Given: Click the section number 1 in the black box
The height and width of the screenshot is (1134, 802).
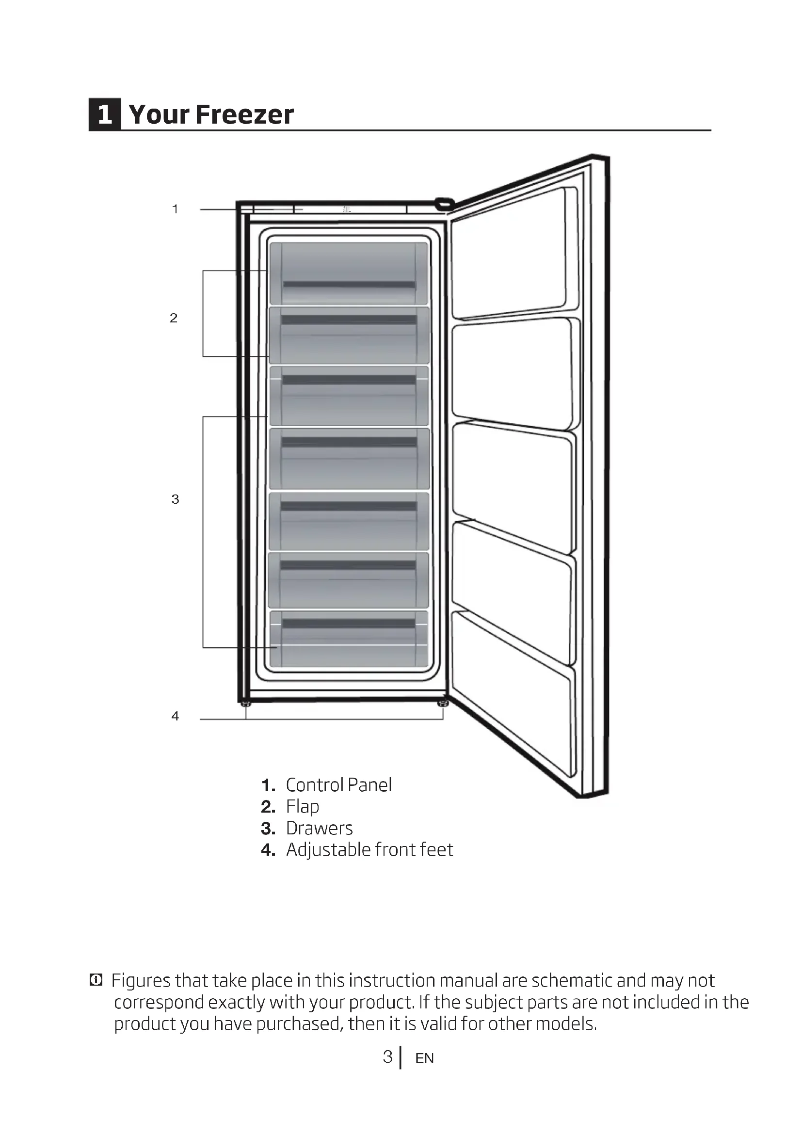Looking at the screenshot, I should (105, 114).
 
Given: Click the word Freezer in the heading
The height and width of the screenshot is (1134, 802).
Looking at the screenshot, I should (244, 114).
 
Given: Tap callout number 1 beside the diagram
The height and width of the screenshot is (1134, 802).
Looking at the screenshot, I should (175, 209).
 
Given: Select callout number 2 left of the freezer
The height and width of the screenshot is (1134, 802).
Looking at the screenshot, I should (173, 318).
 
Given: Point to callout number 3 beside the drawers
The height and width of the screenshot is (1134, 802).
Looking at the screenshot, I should (175, 499).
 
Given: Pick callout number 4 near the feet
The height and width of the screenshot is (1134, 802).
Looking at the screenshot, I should (175, 716).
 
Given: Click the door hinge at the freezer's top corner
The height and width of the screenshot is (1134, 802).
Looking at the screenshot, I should (444, 203).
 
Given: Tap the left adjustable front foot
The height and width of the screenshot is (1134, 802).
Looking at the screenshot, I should (245, 703).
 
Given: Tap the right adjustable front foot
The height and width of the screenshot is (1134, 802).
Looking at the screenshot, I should (443, 703).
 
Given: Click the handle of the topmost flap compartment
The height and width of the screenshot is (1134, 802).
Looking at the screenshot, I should (349, 285).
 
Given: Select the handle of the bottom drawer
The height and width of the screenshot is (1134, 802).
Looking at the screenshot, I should (349, 623).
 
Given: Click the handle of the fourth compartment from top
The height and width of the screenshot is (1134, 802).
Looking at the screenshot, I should (349, 442).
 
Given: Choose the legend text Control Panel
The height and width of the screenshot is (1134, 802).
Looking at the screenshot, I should (338, 785).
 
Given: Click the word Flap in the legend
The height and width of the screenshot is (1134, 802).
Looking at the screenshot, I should (302, 807).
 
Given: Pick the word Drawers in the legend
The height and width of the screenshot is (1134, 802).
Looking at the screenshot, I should (319, 828).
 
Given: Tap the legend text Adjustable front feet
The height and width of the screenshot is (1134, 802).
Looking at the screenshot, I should (369, 850).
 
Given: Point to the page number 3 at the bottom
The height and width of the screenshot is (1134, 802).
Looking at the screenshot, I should (388, 1057).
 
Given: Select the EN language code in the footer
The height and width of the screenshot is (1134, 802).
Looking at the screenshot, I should (424, 1058).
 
